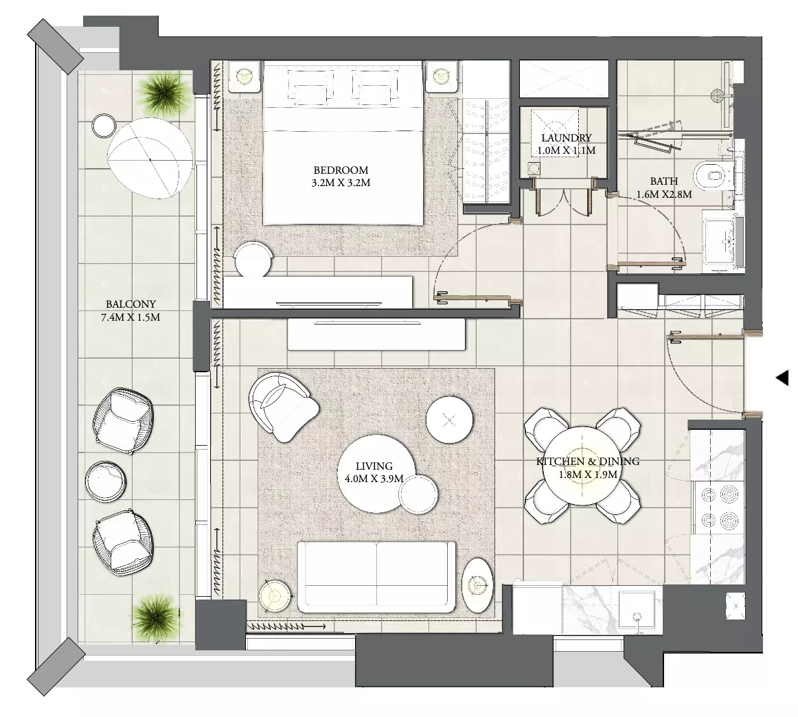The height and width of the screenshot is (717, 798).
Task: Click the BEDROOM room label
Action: tap(341, 170)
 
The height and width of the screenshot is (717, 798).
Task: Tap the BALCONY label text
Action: tap(130, 304)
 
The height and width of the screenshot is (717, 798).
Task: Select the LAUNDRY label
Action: tap(567, 138)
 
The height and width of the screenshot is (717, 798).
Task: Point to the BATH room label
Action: tap(664, 181)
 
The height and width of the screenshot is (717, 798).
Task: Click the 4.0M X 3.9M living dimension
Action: tap(374, 479)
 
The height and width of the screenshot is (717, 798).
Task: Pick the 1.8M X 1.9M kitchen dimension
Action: tap(588, 475)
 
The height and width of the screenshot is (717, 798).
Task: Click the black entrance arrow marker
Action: tap(782, 378)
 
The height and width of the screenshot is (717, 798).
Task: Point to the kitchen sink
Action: tap(637, 612)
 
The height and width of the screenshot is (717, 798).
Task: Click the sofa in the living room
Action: tap(376, 577)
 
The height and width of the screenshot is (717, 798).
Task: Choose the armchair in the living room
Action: tap(282, 406)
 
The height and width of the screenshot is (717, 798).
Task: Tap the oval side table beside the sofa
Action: tap(478, 585)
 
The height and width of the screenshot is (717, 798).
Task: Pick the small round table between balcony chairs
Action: tap(105, 481)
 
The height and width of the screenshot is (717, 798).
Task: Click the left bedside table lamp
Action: tap(244, 76)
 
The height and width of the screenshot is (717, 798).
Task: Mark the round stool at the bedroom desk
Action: tap(253, 260)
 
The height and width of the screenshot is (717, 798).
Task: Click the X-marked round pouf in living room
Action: tap(449, 420)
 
